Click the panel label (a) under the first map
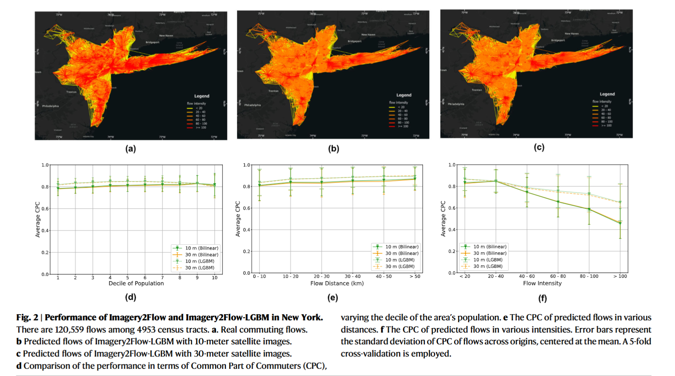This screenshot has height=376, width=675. pos(131,149)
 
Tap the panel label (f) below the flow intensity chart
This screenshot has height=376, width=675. pos(542,298)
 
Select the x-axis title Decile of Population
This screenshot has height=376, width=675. pos(136,283)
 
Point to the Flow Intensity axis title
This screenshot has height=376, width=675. pos(542,283)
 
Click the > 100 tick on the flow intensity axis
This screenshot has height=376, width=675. pos(620,276)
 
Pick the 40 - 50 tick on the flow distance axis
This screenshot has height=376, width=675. pos(384,276)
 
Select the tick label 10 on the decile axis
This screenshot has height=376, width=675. pos(215,278)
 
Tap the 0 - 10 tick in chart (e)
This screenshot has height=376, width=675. pos(259,276)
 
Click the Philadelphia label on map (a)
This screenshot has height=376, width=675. pos(50,106)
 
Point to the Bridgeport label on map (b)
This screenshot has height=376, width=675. pos(355,41)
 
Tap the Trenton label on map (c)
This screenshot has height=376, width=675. pos(477,90)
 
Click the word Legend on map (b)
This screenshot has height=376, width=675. pos(404,95)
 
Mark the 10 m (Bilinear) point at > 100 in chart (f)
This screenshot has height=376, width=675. pos(620,223)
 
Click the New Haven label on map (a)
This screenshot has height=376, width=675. pos(166,36)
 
